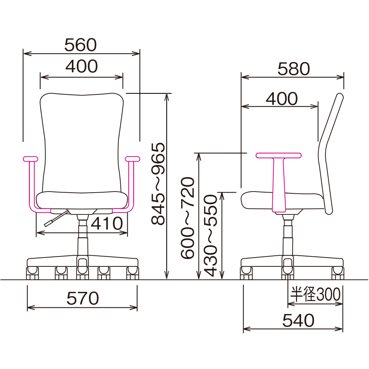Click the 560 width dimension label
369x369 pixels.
[80, 45]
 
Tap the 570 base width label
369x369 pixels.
[82, 298]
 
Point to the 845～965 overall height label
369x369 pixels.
[158, 184]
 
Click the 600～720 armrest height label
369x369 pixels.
[188, 218]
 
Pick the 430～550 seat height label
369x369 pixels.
[210, 235]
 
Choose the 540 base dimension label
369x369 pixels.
[298, 320]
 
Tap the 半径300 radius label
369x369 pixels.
[315, 294]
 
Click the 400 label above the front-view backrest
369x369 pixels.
[82, 66]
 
